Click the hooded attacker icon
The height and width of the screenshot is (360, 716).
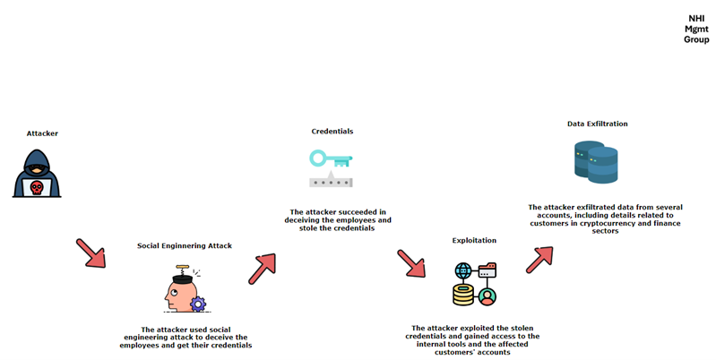click(37, 174)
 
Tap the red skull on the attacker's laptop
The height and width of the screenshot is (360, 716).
click(37, 187)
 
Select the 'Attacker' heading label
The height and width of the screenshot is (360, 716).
click(42, 133)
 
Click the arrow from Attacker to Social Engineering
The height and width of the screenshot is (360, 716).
click(91, 253)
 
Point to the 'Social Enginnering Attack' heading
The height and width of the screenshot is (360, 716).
click(185, 246)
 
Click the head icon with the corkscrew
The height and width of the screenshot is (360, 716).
click(186, 289)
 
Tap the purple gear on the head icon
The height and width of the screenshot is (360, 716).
click(198, 304)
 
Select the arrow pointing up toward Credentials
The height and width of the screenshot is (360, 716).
click(262, 269)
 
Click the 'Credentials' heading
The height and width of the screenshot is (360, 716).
click(332, 132)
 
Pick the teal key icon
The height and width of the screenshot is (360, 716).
click(331, 159)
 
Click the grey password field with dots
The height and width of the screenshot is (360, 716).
click(331, 181)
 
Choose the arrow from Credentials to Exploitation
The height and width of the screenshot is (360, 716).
click(411, 263)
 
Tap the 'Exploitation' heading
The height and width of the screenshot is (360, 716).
click(474, 241)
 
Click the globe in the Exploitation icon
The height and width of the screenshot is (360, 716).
click(463, 271)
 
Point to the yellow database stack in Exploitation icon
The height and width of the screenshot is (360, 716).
click(463, 296)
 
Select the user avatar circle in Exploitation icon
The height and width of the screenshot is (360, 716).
click(487, 297)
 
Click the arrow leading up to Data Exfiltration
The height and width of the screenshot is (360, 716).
click(539, 260)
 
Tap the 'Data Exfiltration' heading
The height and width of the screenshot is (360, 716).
click(598, 124)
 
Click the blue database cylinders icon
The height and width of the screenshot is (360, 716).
click(596, 162)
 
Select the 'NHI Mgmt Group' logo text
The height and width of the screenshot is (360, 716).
click(696, 30)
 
